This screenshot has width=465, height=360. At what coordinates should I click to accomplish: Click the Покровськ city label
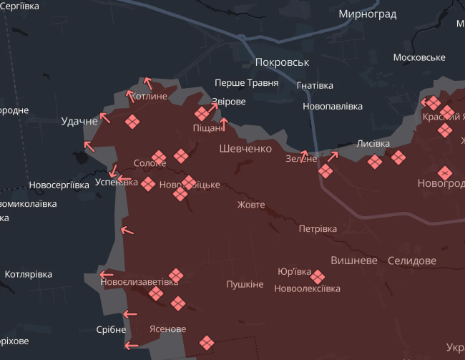click(282, 62)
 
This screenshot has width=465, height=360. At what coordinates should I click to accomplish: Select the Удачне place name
click(79, 121)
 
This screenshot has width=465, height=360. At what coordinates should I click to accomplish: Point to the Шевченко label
click(245, 149)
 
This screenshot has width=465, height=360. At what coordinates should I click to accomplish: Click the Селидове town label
click(411, 261)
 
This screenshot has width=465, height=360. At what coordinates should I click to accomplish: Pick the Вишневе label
click(353, 261)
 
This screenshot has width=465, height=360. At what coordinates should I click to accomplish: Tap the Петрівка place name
click(318, 229)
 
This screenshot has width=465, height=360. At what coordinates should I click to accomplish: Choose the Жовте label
click(251, 205)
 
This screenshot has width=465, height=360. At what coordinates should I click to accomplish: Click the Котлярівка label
click(29, 275)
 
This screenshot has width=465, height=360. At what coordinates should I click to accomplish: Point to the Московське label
click(419, 57)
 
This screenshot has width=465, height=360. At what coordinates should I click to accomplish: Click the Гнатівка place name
click(315, 85)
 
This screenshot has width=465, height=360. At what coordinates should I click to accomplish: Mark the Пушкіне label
click(245, 284)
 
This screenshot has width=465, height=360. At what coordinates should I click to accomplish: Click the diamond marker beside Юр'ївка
click(318, 276)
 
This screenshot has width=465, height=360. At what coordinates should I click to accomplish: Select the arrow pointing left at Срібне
click(129, 313)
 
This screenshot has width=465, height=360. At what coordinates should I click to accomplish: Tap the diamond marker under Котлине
click(132, 122)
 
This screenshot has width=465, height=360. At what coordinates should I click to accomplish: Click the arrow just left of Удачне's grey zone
click(89, 147)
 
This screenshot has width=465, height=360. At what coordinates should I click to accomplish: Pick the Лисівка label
click(373, 143)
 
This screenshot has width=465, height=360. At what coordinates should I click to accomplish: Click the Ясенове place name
click(167, 329)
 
